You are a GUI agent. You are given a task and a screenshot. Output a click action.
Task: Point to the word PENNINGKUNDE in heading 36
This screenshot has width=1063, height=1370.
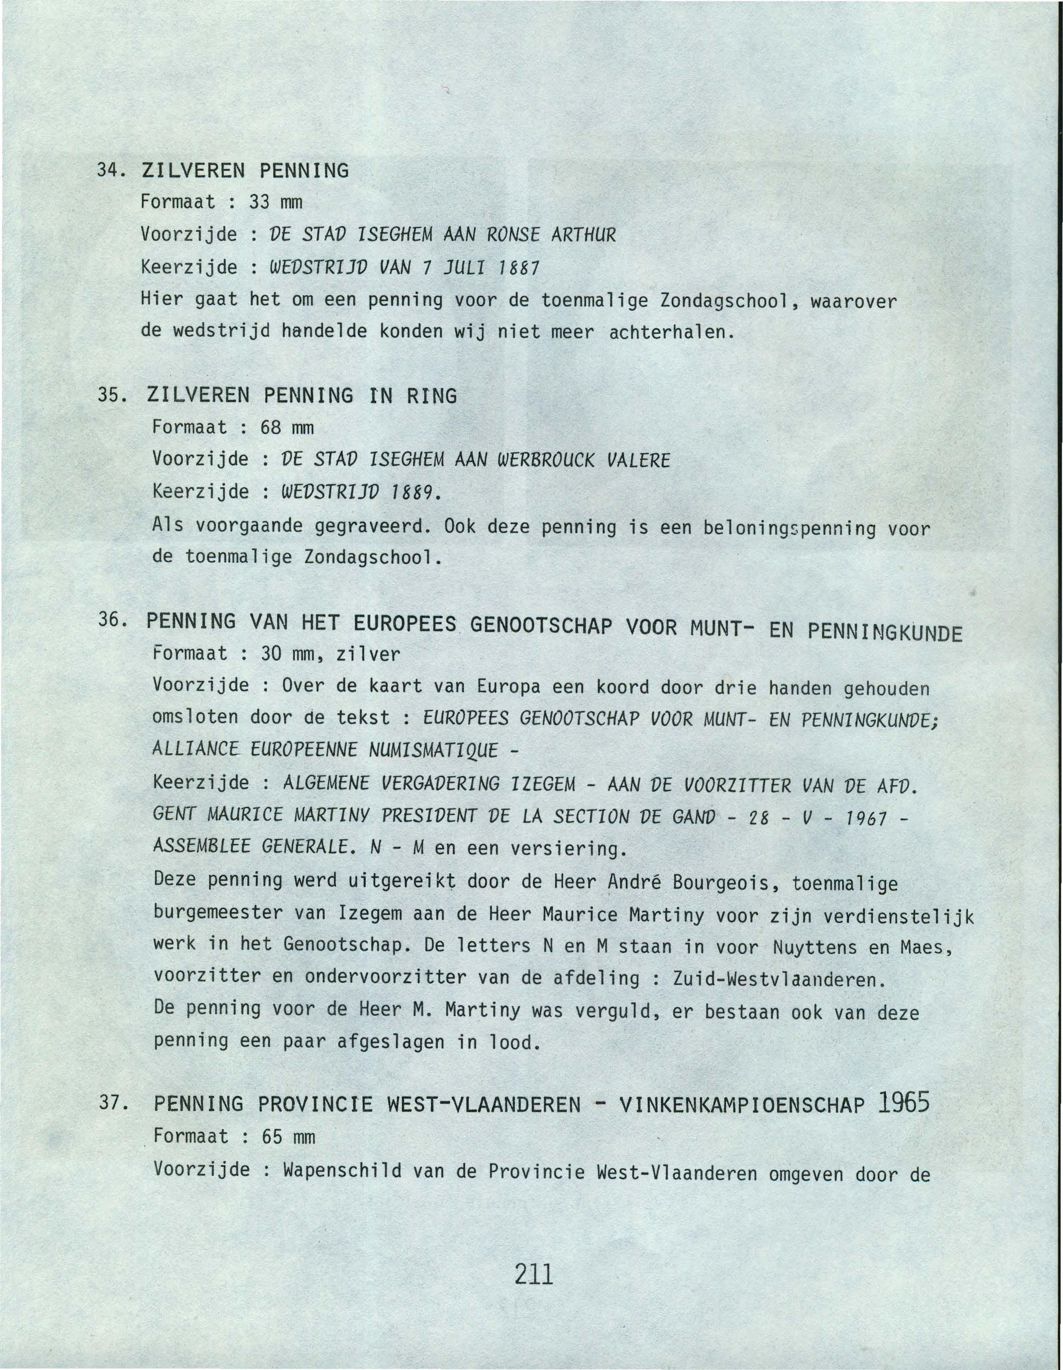[x=885, y=631]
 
